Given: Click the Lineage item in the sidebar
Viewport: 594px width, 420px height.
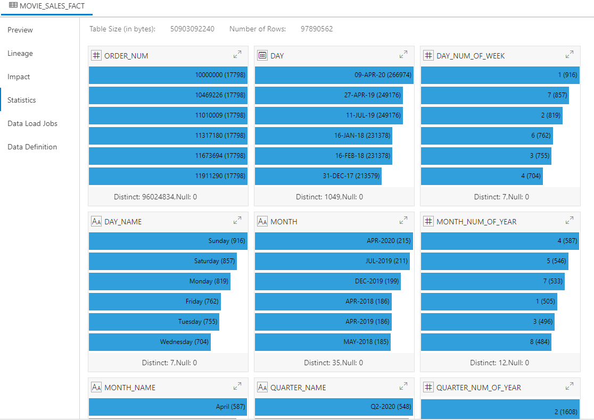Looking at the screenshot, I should (20, 53).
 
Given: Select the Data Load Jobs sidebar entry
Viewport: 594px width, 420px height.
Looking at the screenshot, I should (32, 123).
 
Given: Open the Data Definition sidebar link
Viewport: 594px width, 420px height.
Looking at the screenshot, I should (32, 147).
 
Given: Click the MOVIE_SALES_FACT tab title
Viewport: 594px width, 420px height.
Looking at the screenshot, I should (52, 6).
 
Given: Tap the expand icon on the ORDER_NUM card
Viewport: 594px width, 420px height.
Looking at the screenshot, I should (237, 54).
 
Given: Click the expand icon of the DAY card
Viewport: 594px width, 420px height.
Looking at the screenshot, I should (403, 54).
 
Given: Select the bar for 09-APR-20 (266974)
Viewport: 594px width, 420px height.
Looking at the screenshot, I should (334, 75).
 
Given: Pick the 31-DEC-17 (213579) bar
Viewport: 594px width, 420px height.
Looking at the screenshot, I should (318, 176).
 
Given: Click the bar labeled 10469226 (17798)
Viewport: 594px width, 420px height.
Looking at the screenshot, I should (168, 95).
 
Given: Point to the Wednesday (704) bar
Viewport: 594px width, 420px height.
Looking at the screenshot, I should (150, 342).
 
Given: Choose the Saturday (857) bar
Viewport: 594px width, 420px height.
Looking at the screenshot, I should (162, 261).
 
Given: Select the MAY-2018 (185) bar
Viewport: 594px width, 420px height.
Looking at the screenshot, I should (323, 342).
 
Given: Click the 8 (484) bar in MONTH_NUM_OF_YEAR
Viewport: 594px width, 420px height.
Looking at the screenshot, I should (486, 342).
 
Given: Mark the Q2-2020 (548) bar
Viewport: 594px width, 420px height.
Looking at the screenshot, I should (334, 407).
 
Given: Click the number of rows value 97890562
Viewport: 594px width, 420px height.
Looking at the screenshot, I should (317, 29).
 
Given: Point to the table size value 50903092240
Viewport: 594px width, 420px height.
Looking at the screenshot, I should (192, 29).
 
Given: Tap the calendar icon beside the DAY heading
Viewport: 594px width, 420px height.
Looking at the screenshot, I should (262, 55).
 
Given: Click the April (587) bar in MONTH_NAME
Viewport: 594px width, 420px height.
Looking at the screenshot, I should (168, 407).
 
